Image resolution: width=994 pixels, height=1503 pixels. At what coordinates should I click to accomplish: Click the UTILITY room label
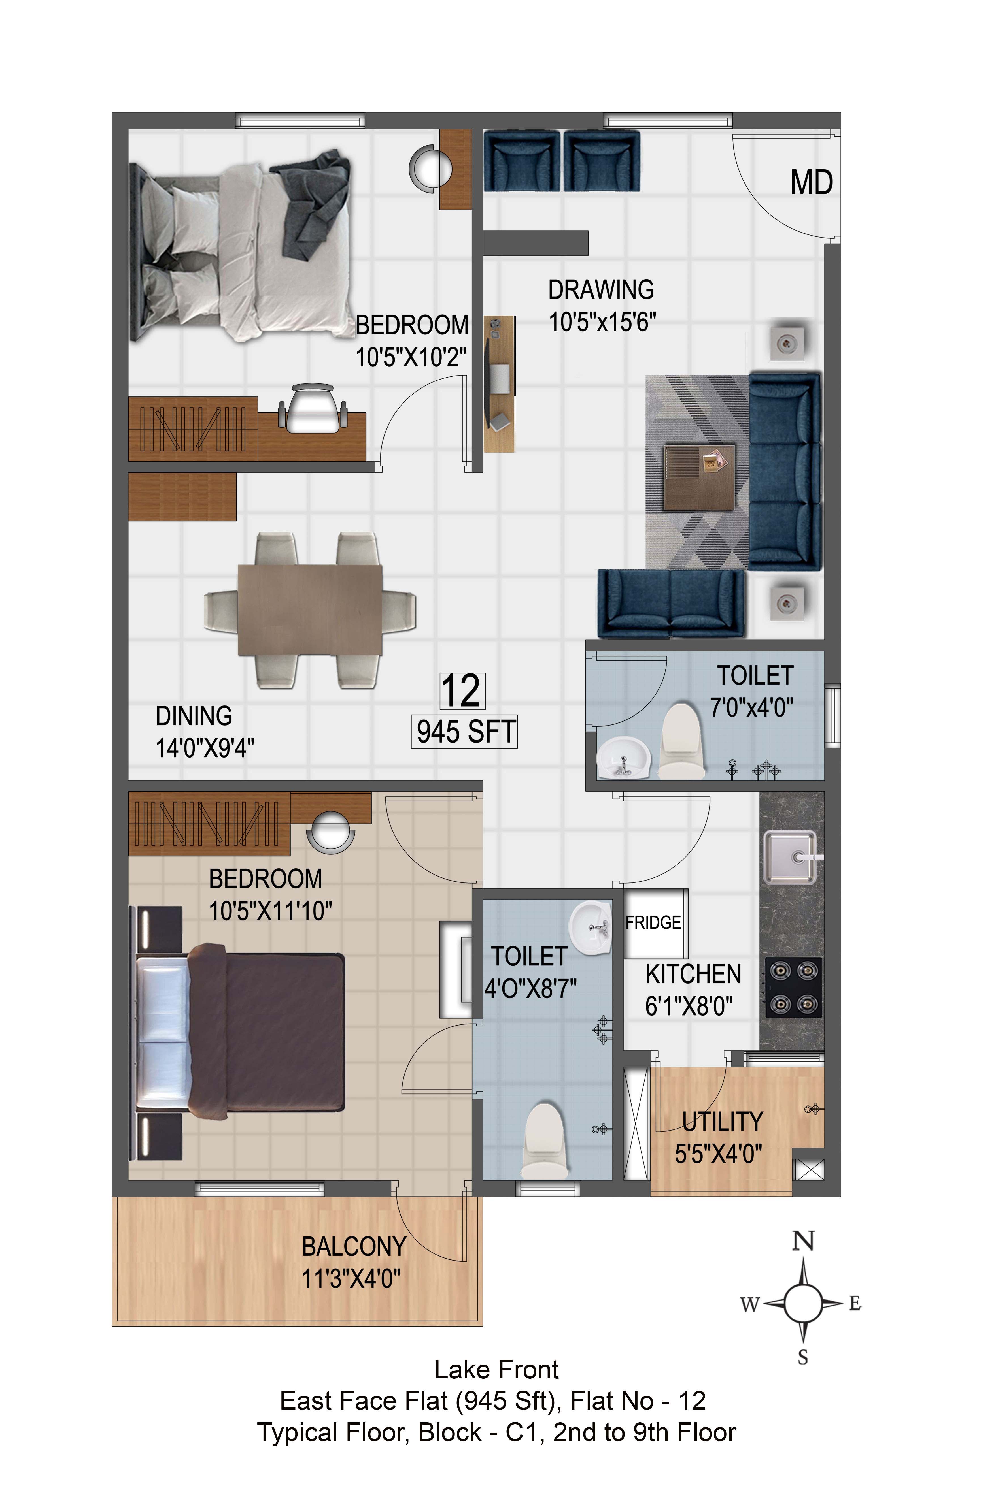tap(722, 1122)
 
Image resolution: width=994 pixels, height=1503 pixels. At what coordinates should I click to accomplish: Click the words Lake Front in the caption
tap(496, 1369)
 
